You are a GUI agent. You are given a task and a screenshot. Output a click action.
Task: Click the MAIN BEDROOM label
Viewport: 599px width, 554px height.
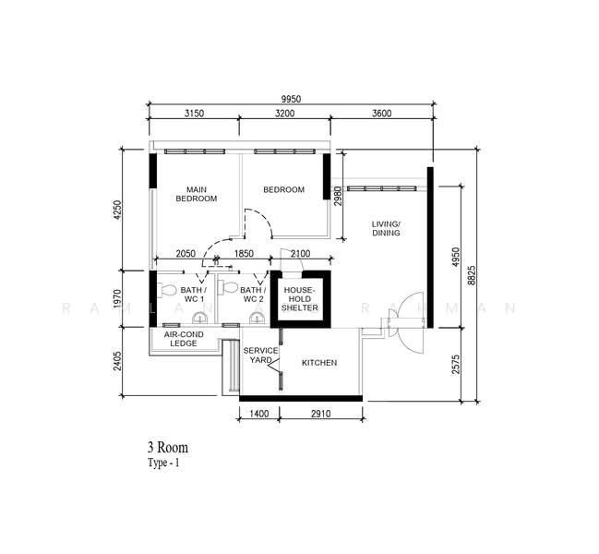[197, 194]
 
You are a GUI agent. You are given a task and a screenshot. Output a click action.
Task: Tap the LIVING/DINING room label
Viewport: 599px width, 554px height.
[386, 228]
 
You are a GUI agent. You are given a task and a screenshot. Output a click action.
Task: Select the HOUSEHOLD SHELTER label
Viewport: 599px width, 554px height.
[300, 299]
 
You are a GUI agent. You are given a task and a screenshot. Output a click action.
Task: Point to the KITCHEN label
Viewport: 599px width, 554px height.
[319, 363]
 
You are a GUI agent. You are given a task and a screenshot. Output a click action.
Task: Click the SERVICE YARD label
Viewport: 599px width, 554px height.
[261, 355]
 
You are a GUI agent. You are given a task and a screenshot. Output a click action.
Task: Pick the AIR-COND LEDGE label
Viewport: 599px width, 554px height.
[184, 339]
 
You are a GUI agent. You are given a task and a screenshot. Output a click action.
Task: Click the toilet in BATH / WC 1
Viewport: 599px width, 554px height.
[166, 290]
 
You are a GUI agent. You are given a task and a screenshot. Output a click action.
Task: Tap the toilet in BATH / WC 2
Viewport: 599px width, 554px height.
[228, 287]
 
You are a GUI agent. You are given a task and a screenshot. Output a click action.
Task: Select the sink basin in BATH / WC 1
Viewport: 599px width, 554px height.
[199, 318]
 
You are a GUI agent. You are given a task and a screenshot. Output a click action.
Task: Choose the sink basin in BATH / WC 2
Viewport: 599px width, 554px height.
[258, 318]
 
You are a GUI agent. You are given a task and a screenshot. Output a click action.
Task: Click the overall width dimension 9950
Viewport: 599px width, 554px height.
[291, 100]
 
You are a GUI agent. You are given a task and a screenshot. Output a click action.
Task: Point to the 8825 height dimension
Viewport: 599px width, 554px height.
[472, 275]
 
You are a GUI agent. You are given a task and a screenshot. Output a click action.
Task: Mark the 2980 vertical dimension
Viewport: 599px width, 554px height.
[338, 196]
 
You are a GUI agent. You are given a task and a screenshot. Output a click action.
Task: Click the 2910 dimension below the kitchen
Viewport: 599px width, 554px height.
[321, 414]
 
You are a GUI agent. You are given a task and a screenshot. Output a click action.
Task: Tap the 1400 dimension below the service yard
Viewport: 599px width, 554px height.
[259, 414]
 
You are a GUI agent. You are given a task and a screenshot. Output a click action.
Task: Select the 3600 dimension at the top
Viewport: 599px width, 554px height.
[382, 114]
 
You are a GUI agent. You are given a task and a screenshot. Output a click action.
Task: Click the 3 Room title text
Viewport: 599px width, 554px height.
[168, 448]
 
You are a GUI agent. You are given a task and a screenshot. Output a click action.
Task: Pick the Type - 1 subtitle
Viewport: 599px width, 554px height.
[163, 464]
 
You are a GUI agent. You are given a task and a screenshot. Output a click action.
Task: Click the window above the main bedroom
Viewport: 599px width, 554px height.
[195, 151]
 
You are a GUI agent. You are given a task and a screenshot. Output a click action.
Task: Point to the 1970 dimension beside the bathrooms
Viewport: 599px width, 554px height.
[117, 299]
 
